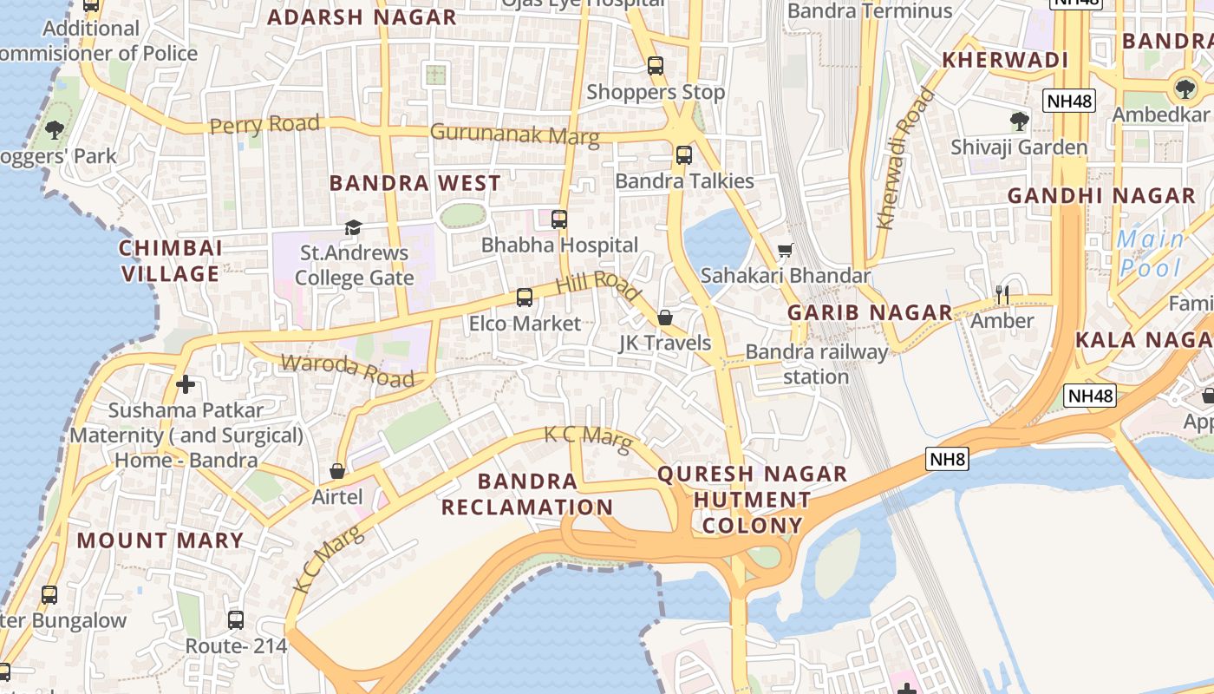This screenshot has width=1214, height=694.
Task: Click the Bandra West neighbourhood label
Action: pyautogui.click(x=414, y=183)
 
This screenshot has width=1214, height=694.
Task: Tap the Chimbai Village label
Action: pyautogui.click(x=170, y=260)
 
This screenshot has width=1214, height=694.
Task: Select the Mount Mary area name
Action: pyautogui.click(x=160, y=540)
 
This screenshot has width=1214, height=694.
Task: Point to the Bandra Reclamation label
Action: pyautogui.click(x=527, y=494)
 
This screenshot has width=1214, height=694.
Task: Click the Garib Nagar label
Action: pyautogui.click(x=870, y=312)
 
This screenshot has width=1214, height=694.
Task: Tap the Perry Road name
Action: pyautogui.click(x=264, y=125)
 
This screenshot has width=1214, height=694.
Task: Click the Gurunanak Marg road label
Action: pyautogui.click(x=514, y=134)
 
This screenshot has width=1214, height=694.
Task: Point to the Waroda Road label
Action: pyautogui.click(x=348, y=370)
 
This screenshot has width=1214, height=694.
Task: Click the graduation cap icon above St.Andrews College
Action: pyautogui.click(x=353, y=228)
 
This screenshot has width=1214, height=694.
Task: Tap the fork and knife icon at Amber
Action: pyautogui.click(x=1002, y=295)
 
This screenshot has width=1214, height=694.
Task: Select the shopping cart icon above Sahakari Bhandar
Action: pyautogui.click(x=786, y=251)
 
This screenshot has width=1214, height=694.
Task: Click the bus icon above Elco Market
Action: pyautogui.click(x=525, y=298)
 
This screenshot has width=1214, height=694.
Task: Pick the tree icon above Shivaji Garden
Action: pyautogui.click(x=1019, y=121)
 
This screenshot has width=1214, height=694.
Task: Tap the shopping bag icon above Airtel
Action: pyautogui.click(x=337, y=471)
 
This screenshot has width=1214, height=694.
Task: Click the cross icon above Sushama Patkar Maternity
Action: pyautogui.click(x=185, y=383)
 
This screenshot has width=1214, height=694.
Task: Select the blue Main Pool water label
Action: pyautogui.click(x=1151, y=252)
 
